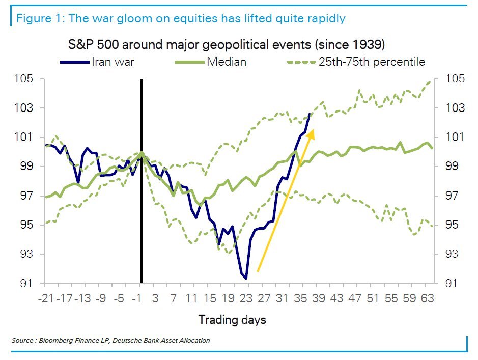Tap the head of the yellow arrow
[312, 131]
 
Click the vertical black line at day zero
[142, 204]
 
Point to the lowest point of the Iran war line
[246, 279]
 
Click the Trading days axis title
[232, 320]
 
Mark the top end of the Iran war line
[311, 114]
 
